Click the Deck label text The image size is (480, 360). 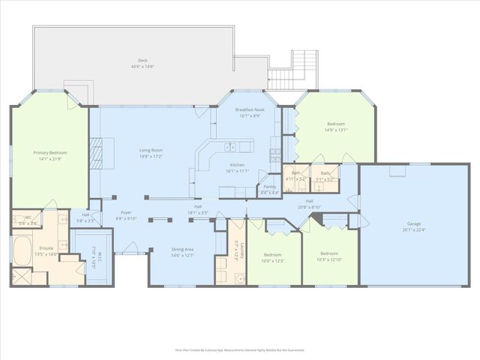[x=142, y=61]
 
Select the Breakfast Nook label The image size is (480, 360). [x=247, y=110]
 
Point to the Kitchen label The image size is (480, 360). [x=237, y=165]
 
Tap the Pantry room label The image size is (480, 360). [x=268, y=187]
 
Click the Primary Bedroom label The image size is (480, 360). [x=51, y=153]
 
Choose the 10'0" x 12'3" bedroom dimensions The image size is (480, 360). [x=273, y=260]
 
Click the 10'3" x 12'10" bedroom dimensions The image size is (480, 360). [x=330, y=259]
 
